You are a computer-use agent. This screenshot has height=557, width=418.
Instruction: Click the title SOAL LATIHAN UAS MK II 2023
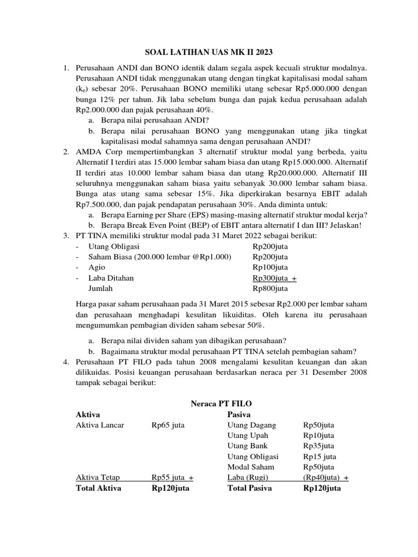point(208,52)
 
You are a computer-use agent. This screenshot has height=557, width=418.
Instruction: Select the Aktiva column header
point(88,414)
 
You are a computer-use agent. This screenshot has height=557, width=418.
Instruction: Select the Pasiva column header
point(238,414)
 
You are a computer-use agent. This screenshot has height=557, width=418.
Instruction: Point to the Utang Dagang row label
point(251,425)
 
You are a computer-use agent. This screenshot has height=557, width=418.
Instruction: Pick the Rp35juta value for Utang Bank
point(318,446)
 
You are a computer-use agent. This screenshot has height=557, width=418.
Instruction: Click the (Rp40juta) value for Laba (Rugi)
point(322,478)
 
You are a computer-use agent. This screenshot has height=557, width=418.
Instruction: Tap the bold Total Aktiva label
point(98,488)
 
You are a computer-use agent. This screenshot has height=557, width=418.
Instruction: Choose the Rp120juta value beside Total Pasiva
point(322,488)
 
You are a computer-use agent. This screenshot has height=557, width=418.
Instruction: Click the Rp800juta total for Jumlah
point(271,288)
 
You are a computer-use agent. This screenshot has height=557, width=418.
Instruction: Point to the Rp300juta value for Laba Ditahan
point(271,278)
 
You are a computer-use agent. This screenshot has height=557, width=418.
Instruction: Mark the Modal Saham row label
point(250,467)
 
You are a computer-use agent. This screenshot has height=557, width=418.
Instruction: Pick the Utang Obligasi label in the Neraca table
point(253,456)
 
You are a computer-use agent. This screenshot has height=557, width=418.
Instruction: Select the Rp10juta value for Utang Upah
point(318,436)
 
